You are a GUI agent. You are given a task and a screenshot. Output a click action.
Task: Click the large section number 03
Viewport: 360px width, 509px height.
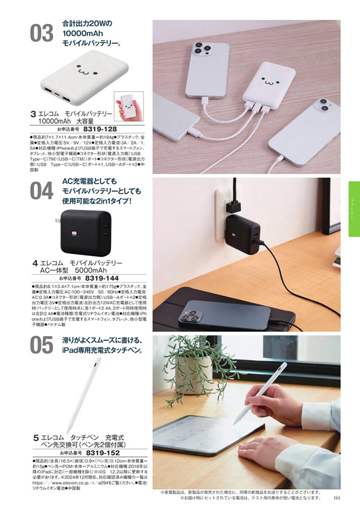[41, 34]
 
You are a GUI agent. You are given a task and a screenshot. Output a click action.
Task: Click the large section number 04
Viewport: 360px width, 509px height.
[41, 191]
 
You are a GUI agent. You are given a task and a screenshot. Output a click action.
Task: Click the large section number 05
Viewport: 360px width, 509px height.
[41, 346]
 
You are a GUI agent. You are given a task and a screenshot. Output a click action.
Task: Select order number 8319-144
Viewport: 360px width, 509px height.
[102, 279]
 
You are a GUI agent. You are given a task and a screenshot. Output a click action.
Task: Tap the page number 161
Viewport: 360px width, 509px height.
[337, 496]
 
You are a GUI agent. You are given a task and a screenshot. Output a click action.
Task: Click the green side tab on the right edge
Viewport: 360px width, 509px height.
[353, 209]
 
